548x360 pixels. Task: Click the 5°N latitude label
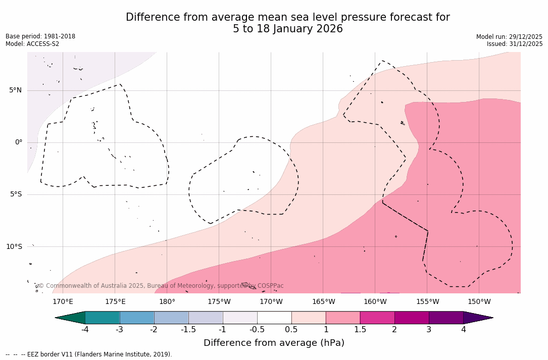(15, 90)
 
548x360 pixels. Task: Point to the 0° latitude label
(19, 142)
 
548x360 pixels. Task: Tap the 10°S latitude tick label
(14, 246)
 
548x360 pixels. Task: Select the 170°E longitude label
(63, 302)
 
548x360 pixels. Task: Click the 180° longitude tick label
(167, 302)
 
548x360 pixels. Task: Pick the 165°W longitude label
(323, 302)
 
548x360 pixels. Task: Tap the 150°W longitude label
(479, 302)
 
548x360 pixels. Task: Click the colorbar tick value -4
(85, 330)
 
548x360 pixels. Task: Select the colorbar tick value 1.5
(360, 330)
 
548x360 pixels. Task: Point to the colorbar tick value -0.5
(257, 330)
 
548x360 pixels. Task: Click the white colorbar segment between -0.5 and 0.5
(274, 318)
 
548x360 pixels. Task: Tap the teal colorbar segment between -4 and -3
(103, 318)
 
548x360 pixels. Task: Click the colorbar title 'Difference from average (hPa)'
(274, 343)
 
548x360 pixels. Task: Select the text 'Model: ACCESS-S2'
(32, 44)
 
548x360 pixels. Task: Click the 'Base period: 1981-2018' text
(40, 36)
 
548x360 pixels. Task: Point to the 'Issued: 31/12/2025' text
(515, 44)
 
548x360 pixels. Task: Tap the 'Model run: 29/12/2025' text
(509, 37)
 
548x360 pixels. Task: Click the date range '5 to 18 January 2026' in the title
(287, 29)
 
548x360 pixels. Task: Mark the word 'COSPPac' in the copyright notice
(271, 286)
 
